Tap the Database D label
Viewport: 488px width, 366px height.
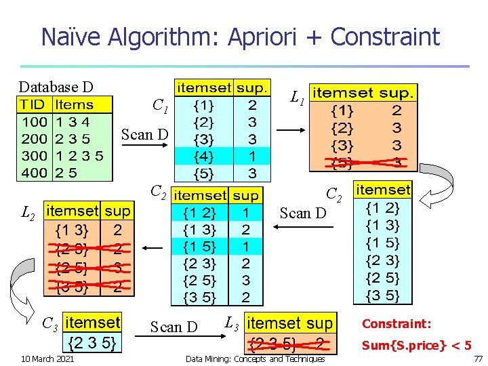click(56, 87)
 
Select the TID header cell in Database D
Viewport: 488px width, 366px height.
click(32, 105)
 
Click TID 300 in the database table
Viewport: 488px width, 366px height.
click(33, 156)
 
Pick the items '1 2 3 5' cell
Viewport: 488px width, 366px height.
click(80, 156)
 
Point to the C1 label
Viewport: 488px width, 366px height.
click(161, 106)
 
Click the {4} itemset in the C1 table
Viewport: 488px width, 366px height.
click(203, 156)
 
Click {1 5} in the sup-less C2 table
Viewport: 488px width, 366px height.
click(383, 243)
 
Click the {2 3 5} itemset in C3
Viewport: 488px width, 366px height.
click(91, 343)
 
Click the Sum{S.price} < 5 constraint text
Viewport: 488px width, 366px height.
click(416, 346)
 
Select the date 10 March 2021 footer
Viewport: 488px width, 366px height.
click(48, 358)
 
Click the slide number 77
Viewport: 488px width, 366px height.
click(478, 358)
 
